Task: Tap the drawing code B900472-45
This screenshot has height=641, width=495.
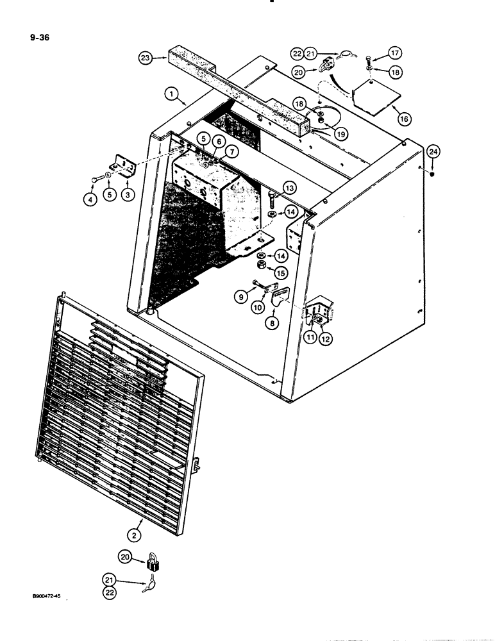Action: pos(48,596)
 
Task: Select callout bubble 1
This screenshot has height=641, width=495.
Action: pos(171,94)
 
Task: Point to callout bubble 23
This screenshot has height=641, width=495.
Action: pos(147,58)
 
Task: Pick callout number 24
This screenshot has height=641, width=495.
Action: pos(433,152)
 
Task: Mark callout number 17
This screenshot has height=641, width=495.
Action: pos(395,54)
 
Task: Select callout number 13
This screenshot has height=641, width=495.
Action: pos(290,188)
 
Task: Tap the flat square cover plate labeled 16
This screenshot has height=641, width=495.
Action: pos(375,96)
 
